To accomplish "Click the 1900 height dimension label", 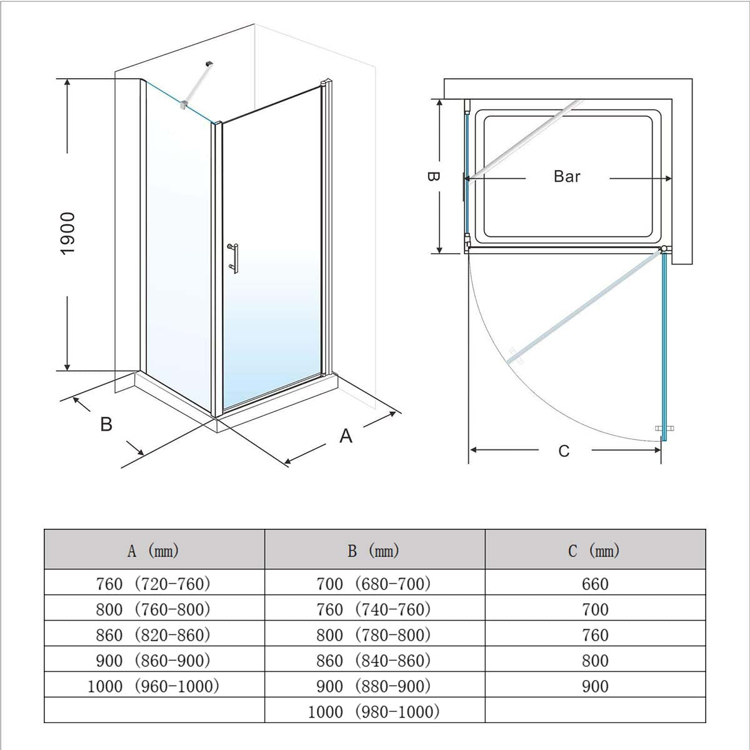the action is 67,234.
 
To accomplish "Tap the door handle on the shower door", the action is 234,258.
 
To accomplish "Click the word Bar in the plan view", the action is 567,177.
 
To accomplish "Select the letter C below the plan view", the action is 564,451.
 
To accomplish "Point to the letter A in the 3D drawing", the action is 346,436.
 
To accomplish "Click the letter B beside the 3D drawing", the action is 106,424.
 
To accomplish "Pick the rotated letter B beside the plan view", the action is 433,176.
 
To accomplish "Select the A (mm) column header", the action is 153,551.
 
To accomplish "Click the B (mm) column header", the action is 374,551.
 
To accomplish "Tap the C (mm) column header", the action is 594,551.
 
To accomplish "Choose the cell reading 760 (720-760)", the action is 153,584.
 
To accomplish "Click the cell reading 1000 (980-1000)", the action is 374,712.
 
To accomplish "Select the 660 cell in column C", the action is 595,584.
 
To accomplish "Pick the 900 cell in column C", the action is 595,686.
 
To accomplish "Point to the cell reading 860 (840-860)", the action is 374,661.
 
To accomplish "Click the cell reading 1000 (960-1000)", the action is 153,686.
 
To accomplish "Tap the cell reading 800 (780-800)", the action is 374,635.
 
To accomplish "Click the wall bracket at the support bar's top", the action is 210,64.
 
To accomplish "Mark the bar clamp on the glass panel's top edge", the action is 184,104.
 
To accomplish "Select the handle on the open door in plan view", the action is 664,428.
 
